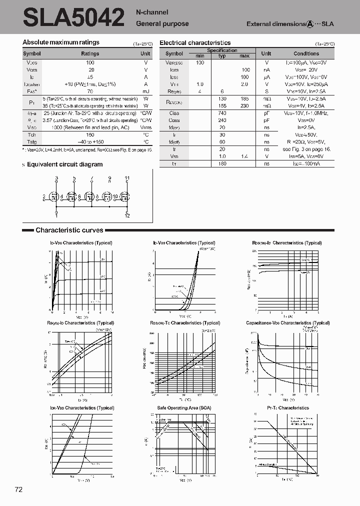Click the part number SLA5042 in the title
tap(73, 17)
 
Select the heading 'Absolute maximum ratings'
tap(61, 42)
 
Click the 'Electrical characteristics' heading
tap(195, 43)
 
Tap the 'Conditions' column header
tap(306, 53)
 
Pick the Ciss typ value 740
tap(222, 113)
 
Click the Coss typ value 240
tap(222, 120)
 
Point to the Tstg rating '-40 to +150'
tap(90, 142)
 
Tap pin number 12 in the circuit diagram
tap(126, 215)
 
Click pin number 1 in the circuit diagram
tap(56, 215)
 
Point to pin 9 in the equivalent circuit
tap(110, 178)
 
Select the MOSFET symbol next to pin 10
tap(122, 197)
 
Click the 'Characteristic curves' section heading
tap(69, 230)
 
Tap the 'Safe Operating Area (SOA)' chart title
tap(184, 408)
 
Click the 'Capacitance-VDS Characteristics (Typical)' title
tap(287, 323)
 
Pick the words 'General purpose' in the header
tap(162, 23)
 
